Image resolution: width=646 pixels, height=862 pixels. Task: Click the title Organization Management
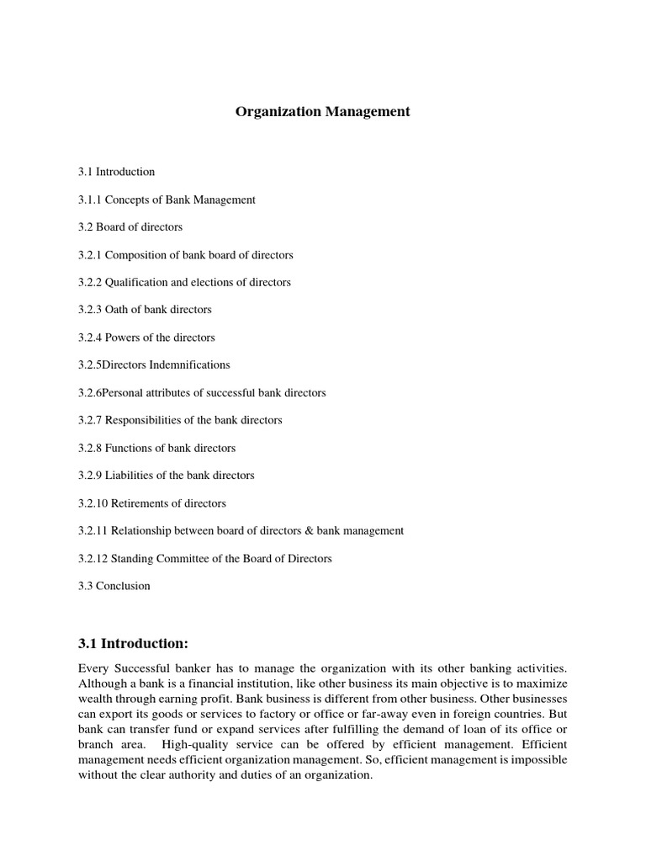(322, 111)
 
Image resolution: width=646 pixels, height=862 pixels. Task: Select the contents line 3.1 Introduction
(117, 172)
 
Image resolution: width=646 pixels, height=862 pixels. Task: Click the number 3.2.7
(90, 420)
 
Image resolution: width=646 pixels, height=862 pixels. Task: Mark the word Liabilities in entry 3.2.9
(129, 476)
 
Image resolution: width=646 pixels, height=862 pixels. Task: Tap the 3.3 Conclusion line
(114, 586)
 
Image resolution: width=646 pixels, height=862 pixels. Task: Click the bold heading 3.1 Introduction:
(133, 644)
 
